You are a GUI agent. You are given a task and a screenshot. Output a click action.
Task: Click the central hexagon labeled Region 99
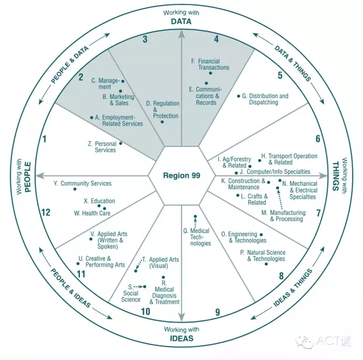pyautogui.click(x=181, y=175)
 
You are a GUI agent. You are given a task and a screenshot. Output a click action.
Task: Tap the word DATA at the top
pyautogui.click(x=181, y=22)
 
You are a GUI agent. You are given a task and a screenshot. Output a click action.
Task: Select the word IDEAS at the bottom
pyautogui.click(x=181, y=338)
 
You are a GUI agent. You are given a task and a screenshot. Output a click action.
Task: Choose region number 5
pyautogui.click(x=280, y=75)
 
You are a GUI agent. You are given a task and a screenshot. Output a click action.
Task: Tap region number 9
pyautogui.click(x=217, y=312)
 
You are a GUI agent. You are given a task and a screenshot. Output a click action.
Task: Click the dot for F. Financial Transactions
pyautogui.click(x=210, y=73)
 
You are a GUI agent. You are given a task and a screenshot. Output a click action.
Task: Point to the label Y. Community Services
pyautogui.click(x=82, y=183)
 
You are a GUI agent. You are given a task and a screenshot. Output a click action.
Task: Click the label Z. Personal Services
pyautogui.click(x=102, y=146)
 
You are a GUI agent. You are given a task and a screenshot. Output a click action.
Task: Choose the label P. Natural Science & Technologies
pyautogui.click(x=263, y=256)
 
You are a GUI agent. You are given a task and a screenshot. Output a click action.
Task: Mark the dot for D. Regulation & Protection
pyautogui.click(x=162, y=122)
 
